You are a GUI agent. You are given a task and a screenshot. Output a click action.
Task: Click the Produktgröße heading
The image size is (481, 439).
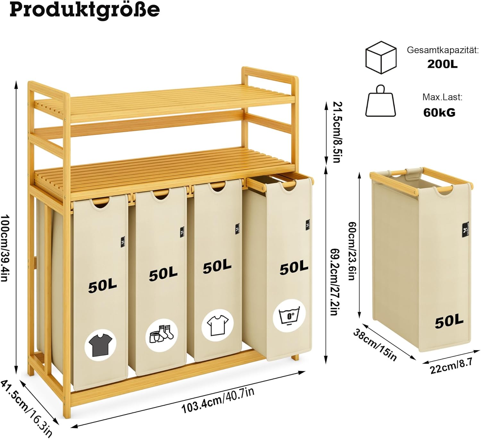tap(85, 10)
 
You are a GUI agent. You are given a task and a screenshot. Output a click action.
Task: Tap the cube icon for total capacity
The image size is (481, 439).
tap(381, 57)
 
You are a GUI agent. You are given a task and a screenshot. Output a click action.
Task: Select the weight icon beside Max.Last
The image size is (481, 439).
tap(381, 102)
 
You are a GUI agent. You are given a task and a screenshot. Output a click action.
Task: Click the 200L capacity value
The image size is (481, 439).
tap(442, 64)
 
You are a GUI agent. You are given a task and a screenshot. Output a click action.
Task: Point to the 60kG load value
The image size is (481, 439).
tap(439, 112)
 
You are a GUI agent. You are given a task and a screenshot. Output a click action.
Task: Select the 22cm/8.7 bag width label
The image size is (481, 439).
tap(451, 366)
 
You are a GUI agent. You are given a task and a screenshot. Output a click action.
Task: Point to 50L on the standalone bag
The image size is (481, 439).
tap(449, 321)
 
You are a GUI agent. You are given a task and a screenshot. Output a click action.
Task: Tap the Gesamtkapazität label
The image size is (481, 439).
tap(443, 50)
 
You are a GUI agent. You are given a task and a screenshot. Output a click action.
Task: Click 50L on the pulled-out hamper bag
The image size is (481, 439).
tap(294, 268)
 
